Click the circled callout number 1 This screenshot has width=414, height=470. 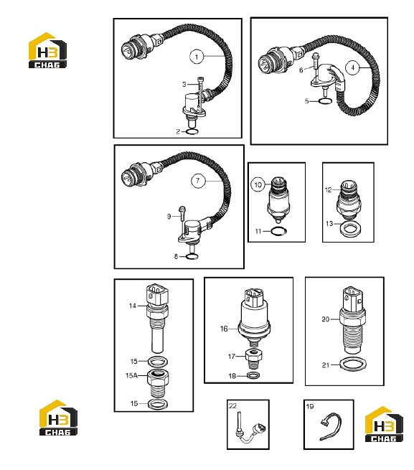(x=197, y=57)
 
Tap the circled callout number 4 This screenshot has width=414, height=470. (x=352, y=67)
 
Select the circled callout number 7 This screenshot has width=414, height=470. (x=198, y=181)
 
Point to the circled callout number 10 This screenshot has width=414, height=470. (x=258, y=185)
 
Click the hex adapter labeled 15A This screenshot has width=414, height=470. (x=158, y=383)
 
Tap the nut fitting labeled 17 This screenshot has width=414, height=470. (x=255, y=359)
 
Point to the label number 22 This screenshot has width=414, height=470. (x=232, y=406)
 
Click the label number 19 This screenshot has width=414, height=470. (x=310, y=406)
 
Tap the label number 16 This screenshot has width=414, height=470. (x=224, y=329)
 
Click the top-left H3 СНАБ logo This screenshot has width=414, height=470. (x=47, y=50)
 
